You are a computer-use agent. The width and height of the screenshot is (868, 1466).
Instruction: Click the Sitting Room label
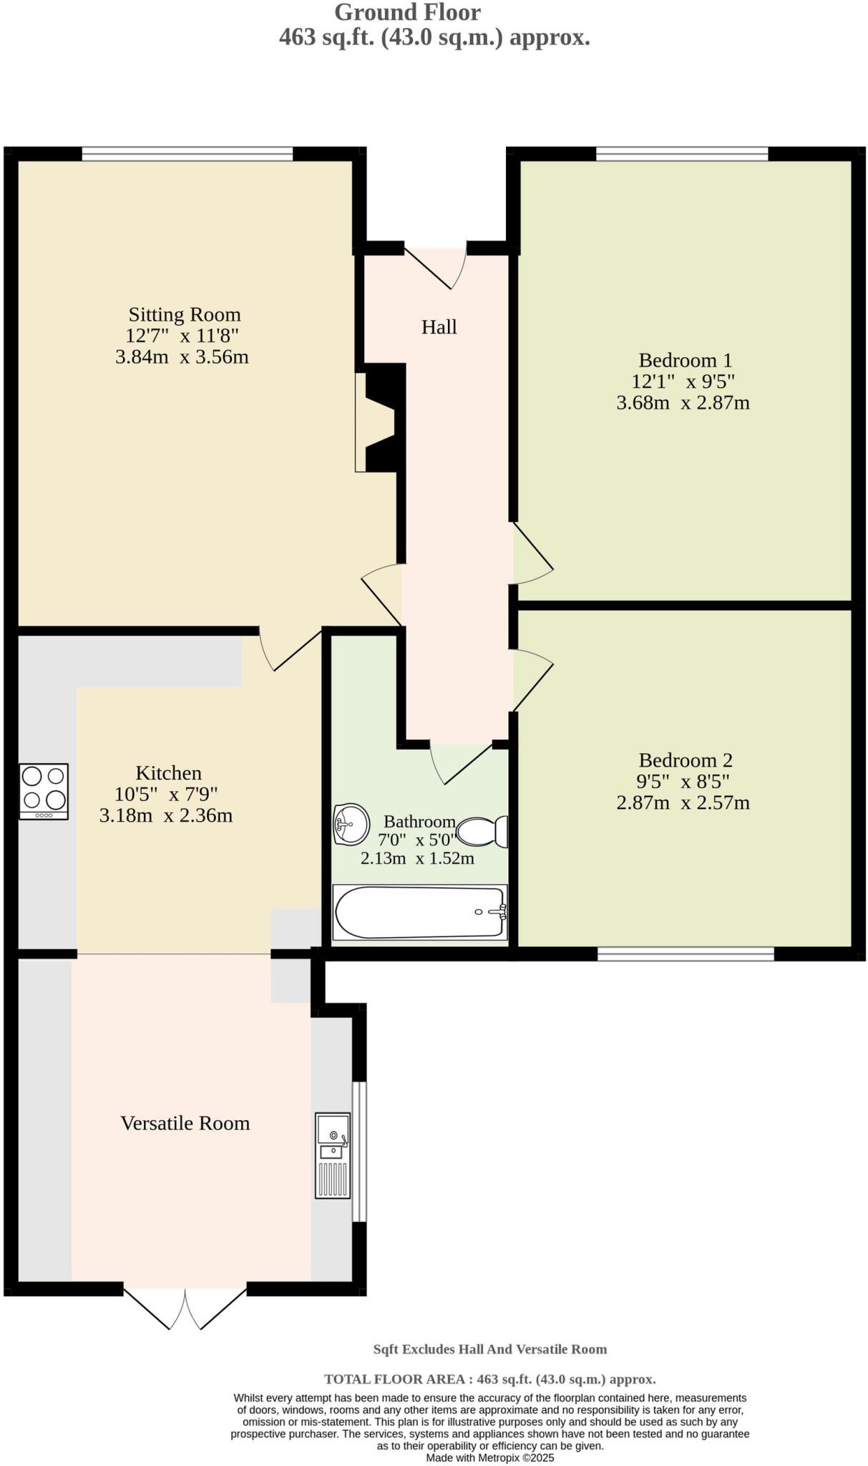pyautogui.click(x=184, y=315)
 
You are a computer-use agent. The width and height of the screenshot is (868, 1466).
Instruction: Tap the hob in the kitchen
pyautogui.click(x=44, y=791)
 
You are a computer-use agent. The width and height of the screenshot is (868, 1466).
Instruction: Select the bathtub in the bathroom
pyautogui.click(x=420, y=912)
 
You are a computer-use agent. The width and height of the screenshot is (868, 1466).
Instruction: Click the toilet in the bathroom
pyautogui.click(x=482, y=832)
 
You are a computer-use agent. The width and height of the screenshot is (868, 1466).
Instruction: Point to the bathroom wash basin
pyautogui.click(x=351, y=824)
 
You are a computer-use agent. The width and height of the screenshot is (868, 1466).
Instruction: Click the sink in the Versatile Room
pyautogui.click(x=333, y=1155)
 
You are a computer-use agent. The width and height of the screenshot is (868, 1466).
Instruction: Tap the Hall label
pyautogui.click(x=439, y=327)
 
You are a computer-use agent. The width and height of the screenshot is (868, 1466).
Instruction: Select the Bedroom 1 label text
pyautogui.click(x=685, y=360)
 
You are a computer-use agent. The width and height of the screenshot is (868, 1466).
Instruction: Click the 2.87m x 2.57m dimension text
pyautogui.click(x=683, y=802)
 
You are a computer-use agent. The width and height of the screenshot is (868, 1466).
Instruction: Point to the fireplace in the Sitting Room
pyautogui.click(x=379, y=419)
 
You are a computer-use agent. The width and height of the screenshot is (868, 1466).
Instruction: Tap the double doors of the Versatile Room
pyautogui.click(x=185, y=1308)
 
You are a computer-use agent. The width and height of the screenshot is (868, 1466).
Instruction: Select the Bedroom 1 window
pyautogui.click(x=682, y=153)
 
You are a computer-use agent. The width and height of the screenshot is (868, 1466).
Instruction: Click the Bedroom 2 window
pyautogui.click(x=686, y=953)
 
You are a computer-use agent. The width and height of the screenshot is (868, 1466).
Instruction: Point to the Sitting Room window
pyautogui.click(x=187, y=153)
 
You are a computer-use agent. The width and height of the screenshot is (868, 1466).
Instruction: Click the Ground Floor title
pyautogui.click(x=407, y=12)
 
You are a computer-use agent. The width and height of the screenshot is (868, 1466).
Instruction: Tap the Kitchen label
pyautogui.click(x=168, y=773)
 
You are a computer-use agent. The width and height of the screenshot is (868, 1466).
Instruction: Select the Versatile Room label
pyautogui.click(x=185, y=1123)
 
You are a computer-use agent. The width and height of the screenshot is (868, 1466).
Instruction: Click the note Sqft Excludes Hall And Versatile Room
pyautogui.click(x=489, y=1349)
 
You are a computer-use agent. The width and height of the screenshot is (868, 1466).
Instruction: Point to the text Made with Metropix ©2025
pyautogui.click(x=489, y=1457)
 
